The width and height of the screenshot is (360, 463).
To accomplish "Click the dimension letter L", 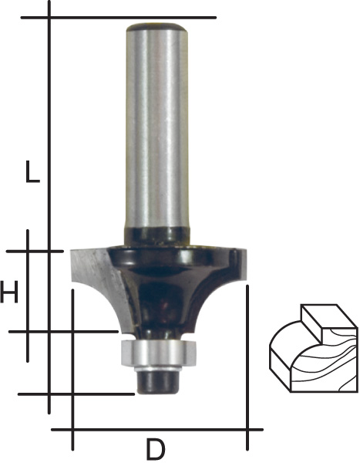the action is coord(32,171).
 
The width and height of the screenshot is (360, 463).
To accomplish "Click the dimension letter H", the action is coord(9,292).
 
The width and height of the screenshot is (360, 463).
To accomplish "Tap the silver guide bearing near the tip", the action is coord(159,353).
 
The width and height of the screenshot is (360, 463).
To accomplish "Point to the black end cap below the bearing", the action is coord(159,382).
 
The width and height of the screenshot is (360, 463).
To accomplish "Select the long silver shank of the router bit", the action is coord(156,127).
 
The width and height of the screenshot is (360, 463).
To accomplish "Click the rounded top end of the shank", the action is coord(156,28).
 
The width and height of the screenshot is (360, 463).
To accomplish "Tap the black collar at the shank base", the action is coord(156,236).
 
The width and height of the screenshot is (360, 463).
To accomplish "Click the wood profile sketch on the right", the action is coord(314,349).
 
